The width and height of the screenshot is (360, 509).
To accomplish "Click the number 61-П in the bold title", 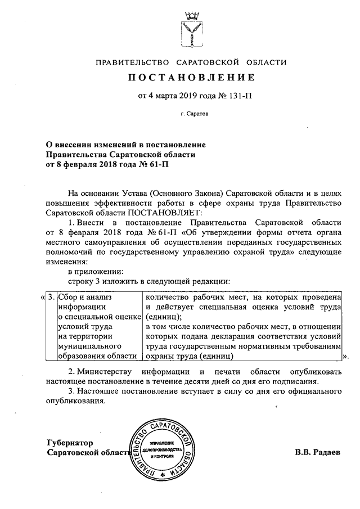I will (x=157, y=164).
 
